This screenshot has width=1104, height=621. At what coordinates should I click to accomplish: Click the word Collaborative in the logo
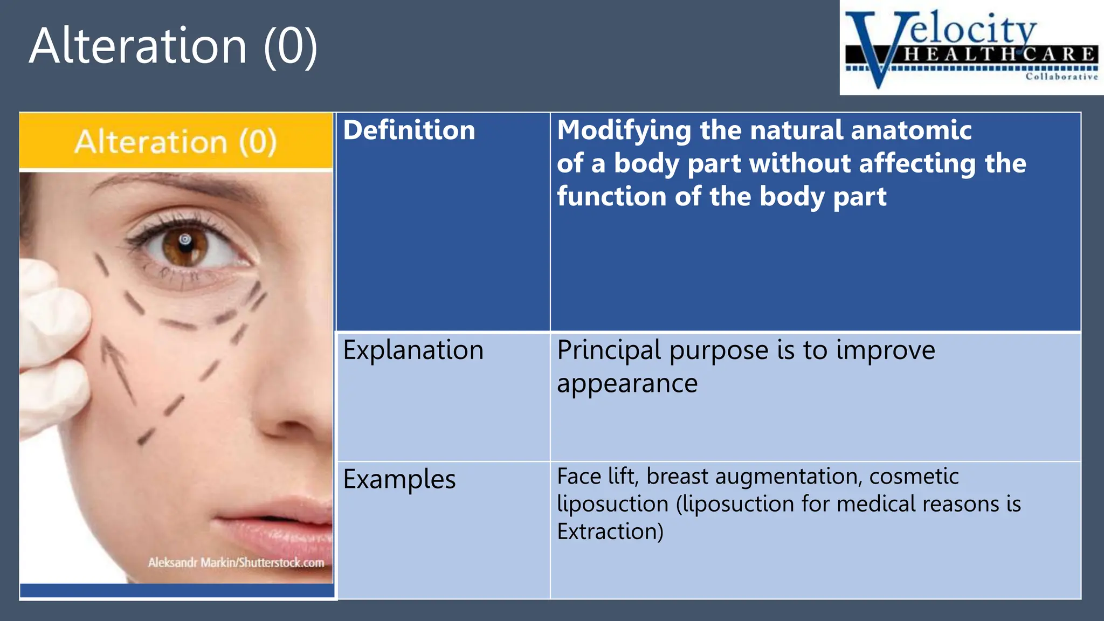point(1061,77)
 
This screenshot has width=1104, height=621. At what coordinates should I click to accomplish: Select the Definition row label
point(409,130)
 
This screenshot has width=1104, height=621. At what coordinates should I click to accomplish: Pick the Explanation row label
point(413,350)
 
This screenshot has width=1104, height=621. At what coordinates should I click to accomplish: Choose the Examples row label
point(399,479)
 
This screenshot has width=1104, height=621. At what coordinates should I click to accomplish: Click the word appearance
point(627,384)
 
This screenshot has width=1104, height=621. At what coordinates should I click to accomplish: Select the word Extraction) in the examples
point(610,532)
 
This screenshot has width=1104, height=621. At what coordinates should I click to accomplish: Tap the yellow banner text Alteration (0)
point(176,142)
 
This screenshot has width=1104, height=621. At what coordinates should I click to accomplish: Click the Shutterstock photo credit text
point(236,563)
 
